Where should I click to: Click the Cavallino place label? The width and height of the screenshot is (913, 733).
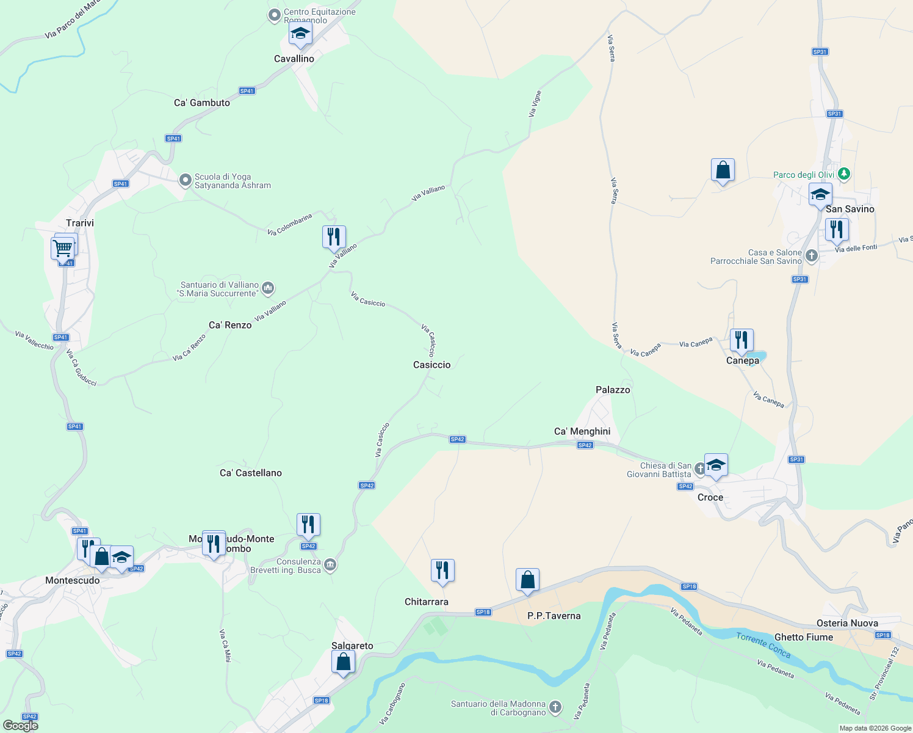[x=294, y=59]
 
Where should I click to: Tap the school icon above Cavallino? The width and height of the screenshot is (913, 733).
[x=300, y=34]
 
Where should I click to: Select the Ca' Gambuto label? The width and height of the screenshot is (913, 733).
[x=202, y=103]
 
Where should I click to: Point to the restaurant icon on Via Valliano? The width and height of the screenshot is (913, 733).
[x=334, y=236]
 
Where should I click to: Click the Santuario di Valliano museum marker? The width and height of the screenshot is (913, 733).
[x=268, y=288]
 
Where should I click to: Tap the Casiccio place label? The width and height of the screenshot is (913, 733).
[x=432, y=365]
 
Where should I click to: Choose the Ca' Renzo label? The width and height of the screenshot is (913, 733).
[x=230, y=325]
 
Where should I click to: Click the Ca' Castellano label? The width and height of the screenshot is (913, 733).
[x=251, y=473]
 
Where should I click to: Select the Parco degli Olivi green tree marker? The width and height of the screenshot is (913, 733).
[x=844, y=174]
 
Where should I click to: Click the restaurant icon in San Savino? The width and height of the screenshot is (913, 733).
[x=837, y=229]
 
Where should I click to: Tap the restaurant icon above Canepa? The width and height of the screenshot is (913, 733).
[x=742, y=340]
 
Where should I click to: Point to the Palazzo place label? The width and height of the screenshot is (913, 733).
[x=613, y=390]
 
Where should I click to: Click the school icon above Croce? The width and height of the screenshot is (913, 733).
[x=716, y=465]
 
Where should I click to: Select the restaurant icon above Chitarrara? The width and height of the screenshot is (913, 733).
[x=442, y=570]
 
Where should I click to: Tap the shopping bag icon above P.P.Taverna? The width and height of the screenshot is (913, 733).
[x=527, y=579]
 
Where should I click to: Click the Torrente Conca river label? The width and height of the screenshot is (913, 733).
[x=763, y=645]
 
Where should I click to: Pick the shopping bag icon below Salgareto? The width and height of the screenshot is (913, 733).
[x=343, y=662]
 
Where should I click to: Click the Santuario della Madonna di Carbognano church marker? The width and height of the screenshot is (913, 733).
[x=555, y=707]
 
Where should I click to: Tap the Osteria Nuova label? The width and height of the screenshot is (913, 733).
[x=847, y=623]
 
